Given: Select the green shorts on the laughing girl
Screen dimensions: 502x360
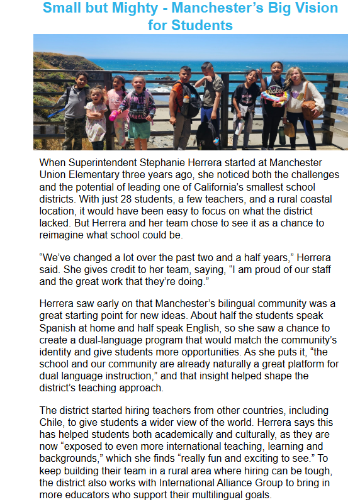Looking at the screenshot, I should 139,128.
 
